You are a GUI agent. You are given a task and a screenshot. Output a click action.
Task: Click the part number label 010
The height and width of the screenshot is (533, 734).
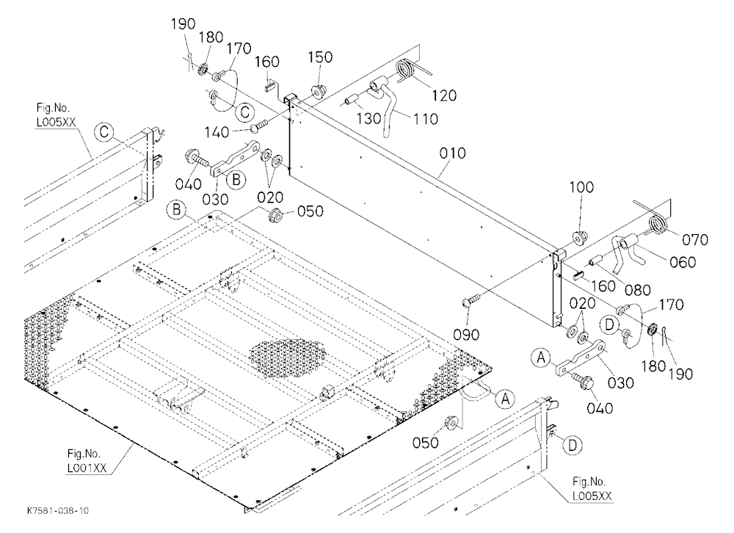[x=453, y=153]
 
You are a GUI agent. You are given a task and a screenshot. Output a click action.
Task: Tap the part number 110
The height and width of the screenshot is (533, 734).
[x=425, y=119]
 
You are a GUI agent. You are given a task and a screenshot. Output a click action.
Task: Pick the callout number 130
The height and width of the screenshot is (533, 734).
[x=369, y=119]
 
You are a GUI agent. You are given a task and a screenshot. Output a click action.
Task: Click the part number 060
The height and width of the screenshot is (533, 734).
[x=683, y=262]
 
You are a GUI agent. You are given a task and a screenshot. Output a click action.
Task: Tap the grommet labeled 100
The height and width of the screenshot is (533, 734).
[x=579, y=238]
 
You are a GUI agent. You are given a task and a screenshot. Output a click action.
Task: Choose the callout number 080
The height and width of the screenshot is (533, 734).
[x=638, y=291]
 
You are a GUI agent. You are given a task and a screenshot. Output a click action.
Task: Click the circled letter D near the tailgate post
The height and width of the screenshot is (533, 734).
[x=572, y=446]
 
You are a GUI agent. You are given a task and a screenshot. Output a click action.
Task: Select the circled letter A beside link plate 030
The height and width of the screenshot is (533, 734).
[x=541, y=359]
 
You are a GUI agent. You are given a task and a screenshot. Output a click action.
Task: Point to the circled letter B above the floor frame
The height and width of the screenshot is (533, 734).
[x=176, y=209]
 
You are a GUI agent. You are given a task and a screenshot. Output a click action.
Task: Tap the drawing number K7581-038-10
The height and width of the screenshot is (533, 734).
[x=57, y=510]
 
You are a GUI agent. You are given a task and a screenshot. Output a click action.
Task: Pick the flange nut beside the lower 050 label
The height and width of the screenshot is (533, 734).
[x=451, y=422]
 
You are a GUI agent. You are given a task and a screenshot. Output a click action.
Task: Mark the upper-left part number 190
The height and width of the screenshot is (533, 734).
[x=183, y=24]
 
